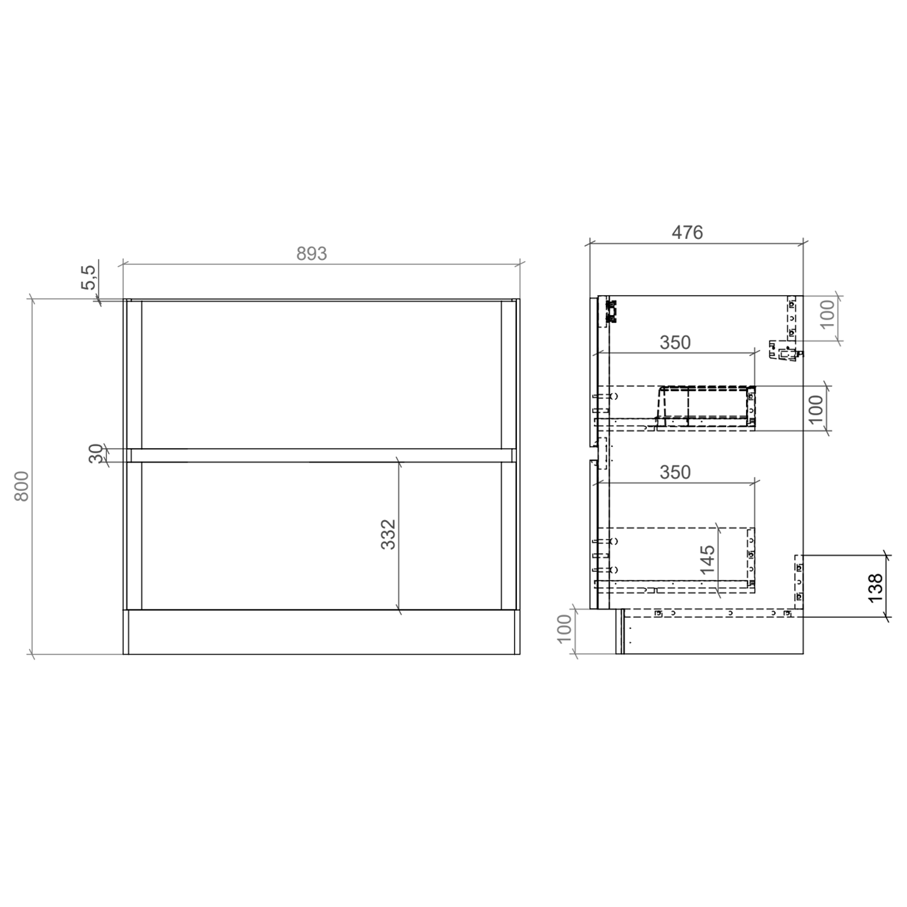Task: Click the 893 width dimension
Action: point(311,253)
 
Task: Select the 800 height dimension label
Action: point(22,486)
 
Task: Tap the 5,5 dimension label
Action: point(88,277)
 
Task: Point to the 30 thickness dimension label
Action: point(96,453)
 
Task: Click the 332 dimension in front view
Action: point(388,534)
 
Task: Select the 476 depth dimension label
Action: point(688,232)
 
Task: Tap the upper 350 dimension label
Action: point(675,343)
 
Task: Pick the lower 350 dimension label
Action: point(675,472)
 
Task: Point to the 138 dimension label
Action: point(876,587)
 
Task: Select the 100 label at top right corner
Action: point(827,313)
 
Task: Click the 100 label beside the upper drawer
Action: point(816,409)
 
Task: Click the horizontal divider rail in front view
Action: point(320,455)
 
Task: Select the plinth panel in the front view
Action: point(320,632)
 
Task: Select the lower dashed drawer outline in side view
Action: point(674,553)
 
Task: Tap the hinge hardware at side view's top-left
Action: point(613,311)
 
